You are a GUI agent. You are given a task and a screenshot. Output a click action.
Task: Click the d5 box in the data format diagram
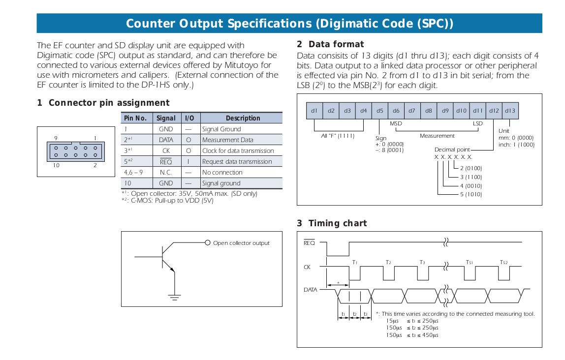(x=379, y=111)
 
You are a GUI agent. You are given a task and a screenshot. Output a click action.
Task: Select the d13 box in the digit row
(x=510, y=111)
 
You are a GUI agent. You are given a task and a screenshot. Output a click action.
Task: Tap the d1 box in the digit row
(x=314, y=111)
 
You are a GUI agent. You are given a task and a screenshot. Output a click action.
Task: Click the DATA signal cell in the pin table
(x=166, y=140)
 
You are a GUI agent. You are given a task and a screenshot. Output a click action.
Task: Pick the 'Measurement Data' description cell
(x=227, y=140)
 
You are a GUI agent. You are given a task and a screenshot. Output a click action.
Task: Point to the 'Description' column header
(x=243, y=118)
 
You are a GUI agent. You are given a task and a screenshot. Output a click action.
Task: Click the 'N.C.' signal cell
(x=166, y=173)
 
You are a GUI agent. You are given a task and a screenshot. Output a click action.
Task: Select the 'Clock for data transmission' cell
(x=238, y=151)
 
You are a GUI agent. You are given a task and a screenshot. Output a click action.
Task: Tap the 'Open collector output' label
(x=241, y=243)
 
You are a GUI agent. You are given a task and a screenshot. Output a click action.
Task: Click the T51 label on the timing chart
(x=469, y=263)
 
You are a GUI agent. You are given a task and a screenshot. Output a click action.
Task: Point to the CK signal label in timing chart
(x=307, y=268)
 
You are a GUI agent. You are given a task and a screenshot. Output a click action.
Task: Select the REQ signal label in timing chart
(x=309, y=243)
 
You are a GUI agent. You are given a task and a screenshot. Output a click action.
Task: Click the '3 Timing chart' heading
(x=332, y=223)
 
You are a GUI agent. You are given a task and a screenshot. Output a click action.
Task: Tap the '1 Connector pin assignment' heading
(x=103, y=103)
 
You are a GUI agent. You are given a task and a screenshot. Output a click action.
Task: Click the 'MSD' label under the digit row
(x=396, y=124)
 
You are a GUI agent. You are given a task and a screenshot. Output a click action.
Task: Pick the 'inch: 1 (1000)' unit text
(x=516, y=145)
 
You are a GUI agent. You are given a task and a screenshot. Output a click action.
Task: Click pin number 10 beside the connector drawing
(x=56, y=165)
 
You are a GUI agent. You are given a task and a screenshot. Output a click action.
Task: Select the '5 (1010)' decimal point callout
(x=471, y=194)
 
